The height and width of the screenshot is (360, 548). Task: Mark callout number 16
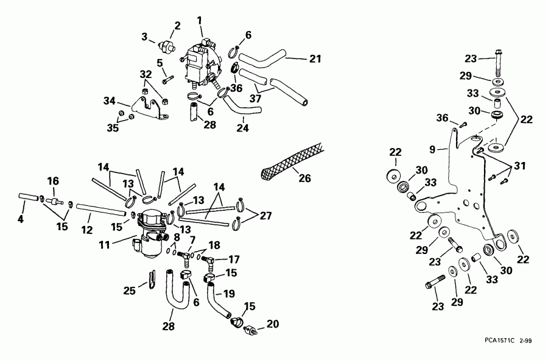[x=53, y=180]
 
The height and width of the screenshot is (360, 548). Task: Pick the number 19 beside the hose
[x=229, y=293]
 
